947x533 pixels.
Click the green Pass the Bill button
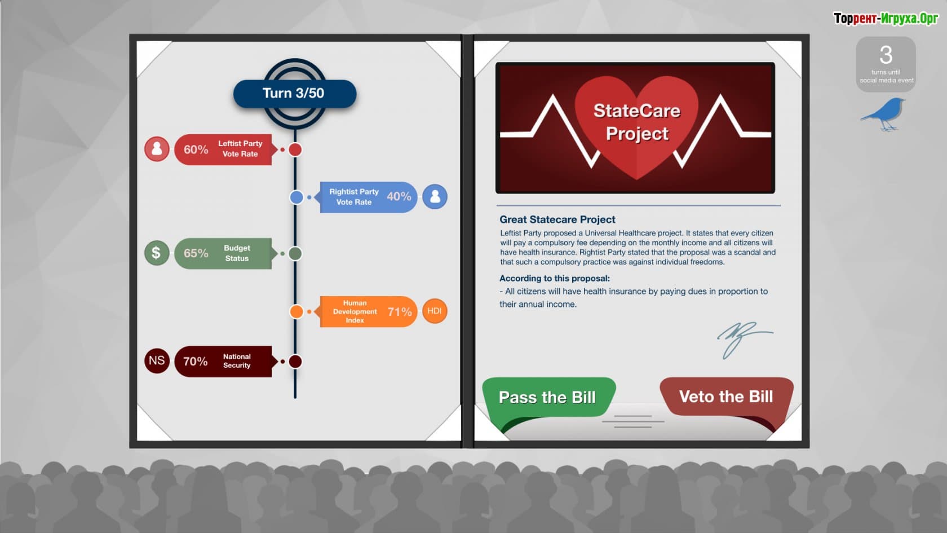click(548, 397)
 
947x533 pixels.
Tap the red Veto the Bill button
click(726, 397)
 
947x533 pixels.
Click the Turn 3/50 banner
click(295, 93)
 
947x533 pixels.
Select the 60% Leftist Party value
click(196, 149)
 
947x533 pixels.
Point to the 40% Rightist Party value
click(399, 196)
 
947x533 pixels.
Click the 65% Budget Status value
click(196, 253)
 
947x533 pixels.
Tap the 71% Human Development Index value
click(400, 312)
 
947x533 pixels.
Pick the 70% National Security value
click(195, 361)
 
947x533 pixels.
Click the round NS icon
click(157, 361)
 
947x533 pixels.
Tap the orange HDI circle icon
click(435, 311)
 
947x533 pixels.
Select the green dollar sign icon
click(157, 253)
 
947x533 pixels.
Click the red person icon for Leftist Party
click(157, 149)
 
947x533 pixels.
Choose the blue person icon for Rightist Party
click(435, 197)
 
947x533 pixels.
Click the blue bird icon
click(884, 114)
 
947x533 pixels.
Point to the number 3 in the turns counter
click(886, 55)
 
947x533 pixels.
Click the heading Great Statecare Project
click(557, 219)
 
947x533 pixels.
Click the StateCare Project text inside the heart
click(637, 122)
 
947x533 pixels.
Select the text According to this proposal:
click(555, 279)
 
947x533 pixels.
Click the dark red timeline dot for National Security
click(295, 362)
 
